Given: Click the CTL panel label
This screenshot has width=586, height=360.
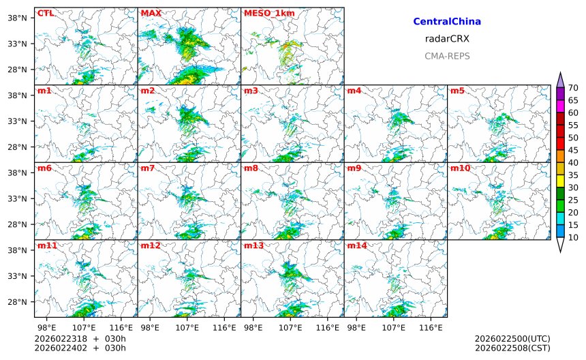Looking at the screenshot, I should (45, 13).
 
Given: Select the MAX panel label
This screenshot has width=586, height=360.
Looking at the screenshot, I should (150, 13).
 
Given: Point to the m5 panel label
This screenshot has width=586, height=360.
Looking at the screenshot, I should (457, 91).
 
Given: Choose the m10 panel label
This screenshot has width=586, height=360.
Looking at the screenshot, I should (460, 168).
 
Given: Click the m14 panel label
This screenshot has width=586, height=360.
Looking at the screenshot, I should (356, 245).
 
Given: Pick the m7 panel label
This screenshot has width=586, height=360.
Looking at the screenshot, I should (148, 168).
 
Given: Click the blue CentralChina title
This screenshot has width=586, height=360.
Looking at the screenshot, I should (447, 22).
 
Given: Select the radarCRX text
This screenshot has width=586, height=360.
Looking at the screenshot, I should (447, 39).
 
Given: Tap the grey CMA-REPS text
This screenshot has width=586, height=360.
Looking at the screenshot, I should (447, 56).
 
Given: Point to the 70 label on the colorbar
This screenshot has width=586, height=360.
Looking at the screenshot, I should (573, 87).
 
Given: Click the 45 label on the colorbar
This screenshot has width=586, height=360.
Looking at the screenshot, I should (573, 150).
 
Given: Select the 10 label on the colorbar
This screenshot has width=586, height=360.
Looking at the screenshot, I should (573, 237).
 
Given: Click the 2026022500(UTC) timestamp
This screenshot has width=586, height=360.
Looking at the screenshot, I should (512, 339).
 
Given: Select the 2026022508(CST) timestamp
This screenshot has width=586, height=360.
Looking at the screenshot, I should (512, 348).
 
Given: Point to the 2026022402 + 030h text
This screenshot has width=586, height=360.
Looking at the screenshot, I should (80, 348).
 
